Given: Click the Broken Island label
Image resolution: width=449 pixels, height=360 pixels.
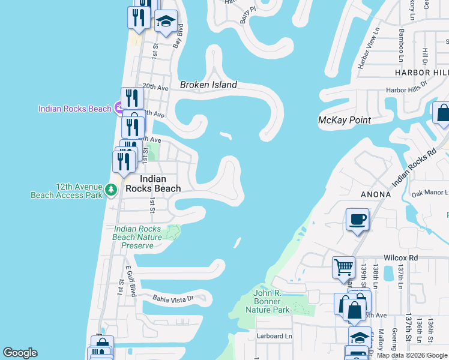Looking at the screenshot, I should coord(208,85).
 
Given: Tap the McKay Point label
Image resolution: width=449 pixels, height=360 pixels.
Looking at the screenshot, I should coord(344,120).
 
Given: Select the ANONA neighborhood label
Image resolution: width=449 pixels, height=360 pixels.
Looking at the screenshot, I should coord(376,194).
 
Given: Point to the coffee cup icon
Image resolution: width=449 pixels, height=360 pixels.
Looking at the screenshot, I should coord(358,220).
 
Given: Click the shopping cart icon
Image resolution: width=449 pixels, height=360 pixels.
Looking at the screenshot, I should coord(343,267).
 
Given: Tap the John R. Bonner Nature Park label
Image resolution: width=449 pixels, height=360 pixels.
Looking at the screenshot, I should coord(267,301).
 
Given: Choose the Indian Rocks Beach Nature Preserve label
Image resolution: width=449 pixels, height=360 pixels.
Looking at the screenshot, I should coord(137,237).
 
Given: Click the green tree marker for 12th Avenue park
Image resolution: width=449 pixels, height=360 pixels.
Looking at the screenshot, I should coord(111,190).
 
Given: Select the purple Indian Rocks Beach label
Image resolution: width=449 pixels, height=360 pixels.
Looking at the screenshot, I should coord(74,109).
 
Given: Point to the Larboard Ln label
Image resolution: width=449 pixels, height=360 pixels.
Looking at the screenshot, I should coord(274,336).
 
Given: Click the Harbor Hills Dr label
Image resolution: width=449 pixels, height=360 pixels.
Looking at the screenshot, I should coord(406,90).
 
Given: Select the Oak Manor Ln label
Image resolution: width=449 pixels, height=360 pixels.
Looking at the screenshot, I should coord(430,193).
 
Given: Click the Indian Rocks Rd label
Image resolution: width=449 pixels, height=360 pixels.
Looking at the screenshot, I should coord(414,165).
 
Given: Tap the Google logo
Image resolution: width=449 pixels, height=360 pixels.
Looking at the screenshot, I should coord(20,353).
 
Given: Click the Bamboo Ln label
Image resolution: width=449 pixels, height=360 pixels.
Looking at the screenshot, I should coord(402,45).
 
